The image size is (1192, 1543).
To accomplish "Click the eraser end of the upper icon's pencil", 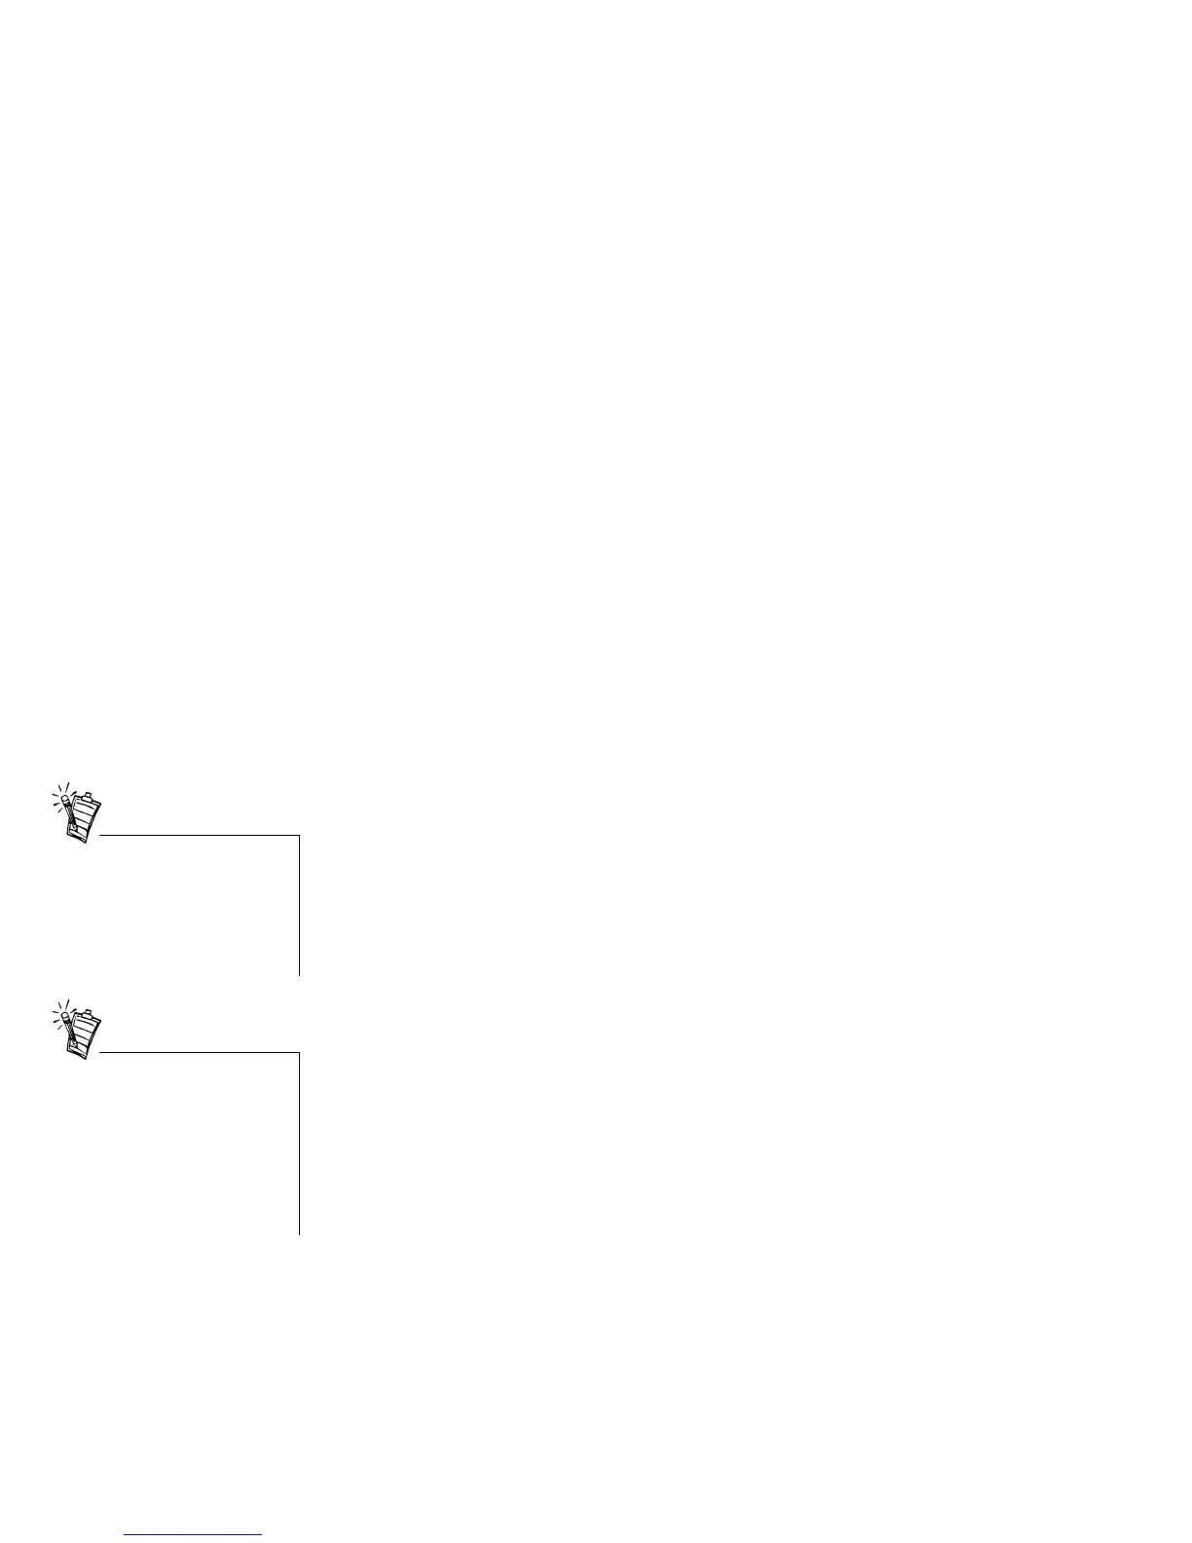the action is (64, 800).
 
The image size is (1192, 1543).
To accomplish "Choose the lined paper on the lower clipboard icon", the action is (87, 1034).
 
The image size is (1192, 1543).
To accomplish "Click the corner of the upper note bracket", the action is (299, 835).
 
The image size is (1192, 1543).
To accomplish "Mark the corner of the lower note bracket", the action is (299, 1052).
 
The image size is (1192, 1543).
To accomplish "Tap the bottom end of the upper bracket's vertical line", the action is (299, 973).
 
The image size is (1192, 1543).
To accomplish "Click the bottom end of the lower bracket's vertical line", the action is (299, 1233).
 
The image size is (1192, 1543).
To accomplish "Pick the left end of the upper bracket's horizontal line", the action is (100, 835).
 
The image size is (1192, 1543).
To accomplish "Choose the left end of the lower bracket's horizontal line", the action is (100, 1052).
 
